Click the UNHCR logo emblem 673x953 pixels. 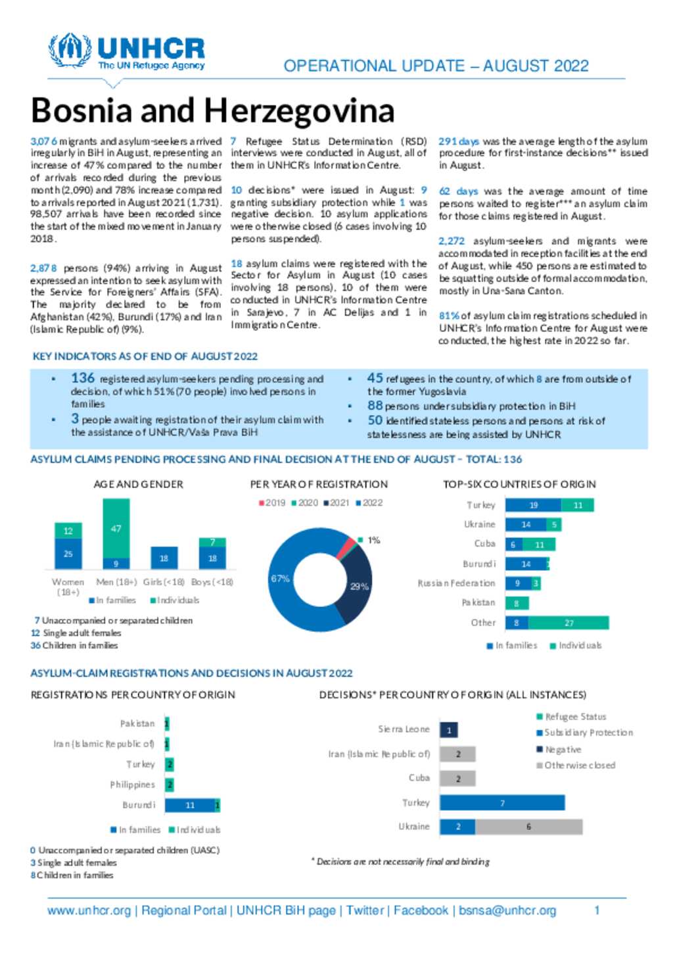point(70,50)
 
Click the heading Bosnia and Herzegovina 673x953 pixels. point(212,110)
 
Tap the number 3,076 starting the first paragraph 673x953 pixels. point(44,141)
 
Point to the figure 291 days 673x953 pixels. point(458,141)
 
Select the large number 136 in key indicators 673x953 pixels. point(83,378)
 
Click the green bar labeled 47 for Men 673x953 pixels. point(116,529)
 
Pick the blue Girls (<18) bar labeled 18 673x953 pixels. point(164,558)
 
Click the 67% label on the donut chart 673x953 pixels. point(281,579)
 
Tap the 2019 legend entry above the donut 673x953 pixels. point(271,502)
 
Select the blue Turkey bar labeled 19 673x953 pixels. point(533,505)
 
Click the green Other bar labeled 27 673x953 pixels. point(569,623)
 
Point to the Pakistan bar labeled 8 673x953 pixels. point(517,603)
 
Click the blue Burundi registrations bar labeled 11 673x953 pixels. point(190,805)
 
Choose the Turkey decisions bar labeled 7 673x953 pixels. point(502,803)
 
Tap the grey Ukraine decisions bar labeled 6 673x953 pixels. point(529,827)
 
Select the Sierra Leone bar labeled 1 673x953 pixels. point(449,730)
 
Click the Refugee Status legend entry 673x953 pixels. point(571,717)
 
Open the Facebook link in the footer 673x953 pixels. point(421,910)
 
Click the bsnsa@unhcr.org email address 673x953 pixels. point(507,910)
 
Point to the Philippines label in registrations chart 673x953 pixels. point(132,785)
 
